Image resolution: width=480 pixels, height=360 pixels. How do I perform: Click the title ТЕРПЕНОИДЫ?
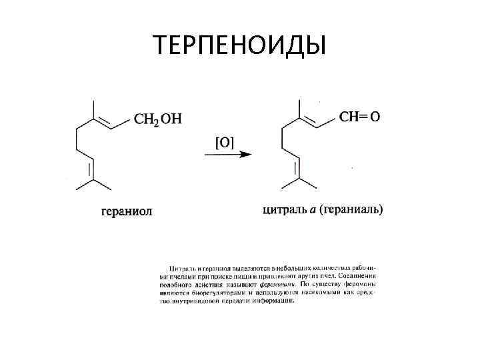point(239,45)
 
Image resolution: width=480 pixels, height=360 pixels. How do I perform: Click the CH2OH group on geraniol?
point(158,119)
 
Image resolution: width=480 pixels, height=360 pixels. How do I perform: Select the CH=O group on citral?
point(360,117)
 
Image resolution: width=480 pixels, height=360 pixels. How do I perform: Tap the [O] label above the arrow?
point(224,141)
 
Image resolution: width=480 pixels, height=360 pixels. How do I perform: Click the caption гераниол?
point(127,211)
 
